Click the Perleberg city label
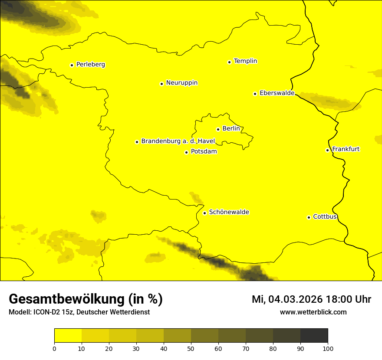pyautogui.click(x=90, y=65)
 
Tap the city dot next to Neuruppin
pyautogui.click(x=161, y=84)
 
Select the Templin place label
pyautogui.click(x=245, y=61)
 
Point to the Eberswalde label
pyautogui.click(x=277, y=93)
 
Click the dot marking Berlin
pyautogui.click(x=218, y=129)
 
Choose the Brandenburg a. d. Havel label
pyautogui.click(x=178, y=141)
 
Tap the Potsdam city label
pyautogui.click(x=204, y=152)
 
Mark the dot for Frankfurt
pyautogui.click(x=327, y=150)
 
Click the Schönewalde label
pyautogui.click(x=229, y=212)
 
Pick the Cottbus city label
pyautogui.click(x=325, y=216)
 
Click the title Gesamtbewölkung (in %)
pyautogui.click(x=86, y=299)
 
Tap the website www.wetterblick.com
pyautogui.click(x=313, y=312)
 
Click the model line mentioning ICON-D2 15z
pyautogui.click(x=79, y=312)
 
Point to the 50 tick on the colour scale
pyautogui.click(x=191, y=348)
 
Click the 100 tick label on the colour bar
pyautogui.click(x=328, y=348)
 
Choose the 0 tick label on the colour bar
pyautogui.click(x=54, y=348)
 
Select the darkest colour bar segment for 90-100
pyautogui.click(x=314, y=335)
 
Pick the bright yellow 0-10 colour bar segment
pyautogui.click(x=68, y=335)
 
